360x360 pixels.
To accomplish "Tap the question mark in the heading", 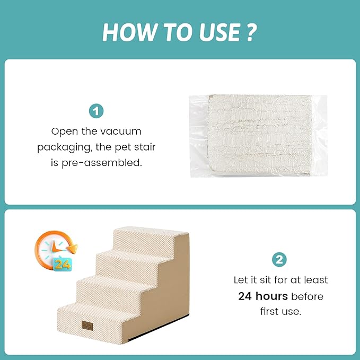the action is tap(251, 32).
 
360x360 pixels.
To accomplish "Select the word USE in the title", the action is tap(219, 32).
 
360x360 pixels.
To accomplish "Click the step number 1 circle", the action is tap(96, 111).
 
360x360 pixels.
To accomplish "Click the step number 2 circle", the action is tap(279, 260).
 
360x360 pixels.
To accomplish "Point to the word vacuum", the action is tap(121, 131).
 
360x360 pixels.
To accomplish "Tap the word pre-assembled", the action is tap(102, 163).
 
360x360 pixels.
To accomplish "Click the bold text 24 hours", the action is tap(263, 296).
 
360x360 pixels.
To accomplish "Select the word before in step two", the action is tap(307, 296).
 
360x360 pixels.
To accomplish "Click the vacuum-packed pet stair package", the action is tap(259, 136).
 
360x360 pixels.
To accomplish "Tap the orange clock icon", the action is tap(56, 251).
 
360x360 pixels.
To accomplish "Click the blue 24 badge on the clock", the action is tap(63, 265).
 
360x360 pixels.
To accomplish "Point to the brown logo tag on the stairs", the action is tap(87, 326).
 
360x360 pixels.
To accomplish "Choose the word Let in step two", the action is tap(241, 280).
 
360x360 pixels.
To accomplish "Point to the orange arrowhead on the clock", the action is tap(73, 249).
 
